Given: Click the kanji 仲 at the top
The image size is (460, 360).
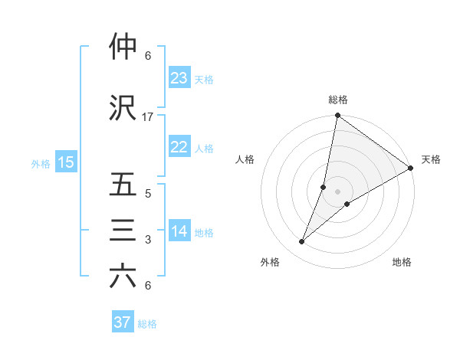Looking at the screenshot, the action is tap(123, 47).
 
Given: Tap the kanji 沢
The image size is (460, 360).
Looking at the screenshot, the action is tap(123, 109).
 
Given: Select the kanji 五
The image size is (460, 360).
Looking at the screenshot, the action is tap(123, 185).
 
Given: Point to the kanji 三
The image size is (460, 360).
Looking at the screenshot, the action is tap(123, 231).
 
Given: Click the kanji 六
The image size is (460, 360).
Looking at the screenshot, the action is tap(123, 277).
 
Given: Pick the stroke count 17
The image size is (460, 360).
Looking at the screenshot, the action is tap(148, 117).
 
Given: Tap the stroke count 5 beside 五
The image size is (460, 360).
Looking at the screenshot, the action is tap(148, 194).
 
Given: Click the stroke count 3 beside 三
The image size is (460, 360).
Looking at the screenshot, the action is tap(148, 240).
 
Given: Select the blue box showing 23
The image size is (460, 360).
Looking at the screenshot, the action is tap(179, 77).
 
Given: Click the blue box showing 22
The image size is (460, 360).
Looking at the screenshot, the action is tap(179, 147).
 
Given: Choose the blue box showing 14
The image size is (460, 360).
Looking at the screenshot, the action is tap(179, 231).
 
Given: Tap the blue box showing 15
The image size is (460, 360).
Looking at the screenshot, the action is tap(66, 162).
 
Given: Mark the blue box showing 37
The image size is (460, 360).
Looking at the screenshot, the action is tap(123, 322).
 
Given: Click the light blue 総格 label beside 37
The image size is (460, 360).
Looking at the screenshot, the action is tap(148, 324).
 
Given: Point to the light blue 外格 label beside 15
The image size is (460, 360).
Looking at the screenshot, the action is tap(41, 163).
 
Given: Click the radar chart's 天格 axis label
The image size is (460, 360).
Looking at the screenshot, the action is tap(431, 159).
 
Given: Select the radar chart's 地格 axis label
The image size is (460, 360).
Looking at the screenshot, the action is tap(402, 263).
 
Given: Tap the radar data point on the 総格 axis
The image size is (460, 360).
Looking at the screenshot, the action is tap(337, 116).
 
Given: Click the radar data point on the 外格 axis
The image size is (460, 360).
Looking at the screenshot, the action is tap(302, 242).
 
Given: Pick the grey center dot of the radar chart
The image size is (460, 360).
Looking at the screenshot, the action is tap(337, 191).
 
